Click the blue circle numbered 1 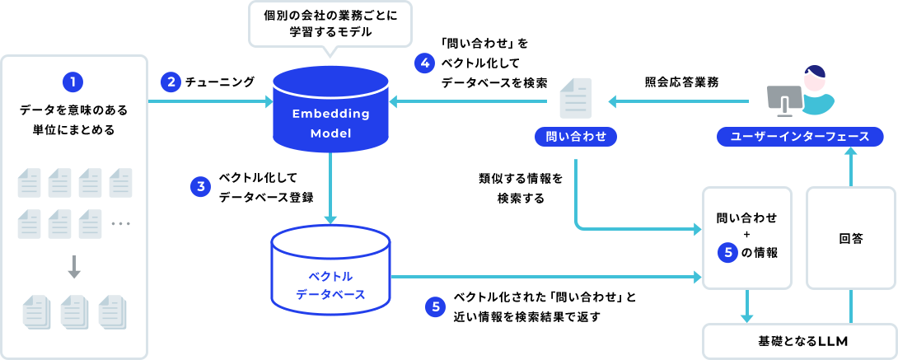click(73, 82)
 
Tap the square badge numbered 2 click(171, 82)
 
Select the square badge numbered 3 click(200, 187)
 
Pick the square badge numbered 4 click(423, 63)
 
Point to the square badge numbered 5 click(435, 307)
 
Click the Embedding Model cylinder click(330, 111)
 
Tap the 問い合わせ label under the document click(576, 137)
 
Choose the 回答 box click(850, 239)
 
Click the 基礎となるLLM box click(797, 340)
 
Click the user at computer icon click(799, 91)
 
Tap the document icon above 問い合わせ click(576, 98)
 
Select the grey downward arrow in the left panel click(73, 267)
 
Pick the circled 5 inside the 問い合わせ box click(726, 253)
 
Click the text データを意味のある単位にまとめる click(73, 119)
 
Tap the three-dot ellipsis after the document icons click(120, 223)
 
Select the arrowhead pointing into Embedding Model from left click(268, 101)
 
